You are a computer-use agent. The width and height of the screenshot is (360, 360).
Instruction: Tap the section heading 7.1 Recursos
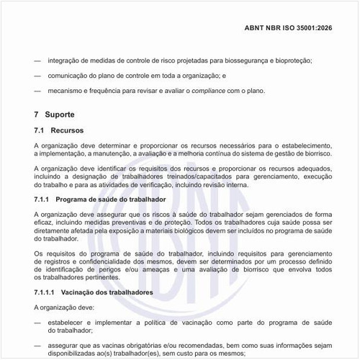59,130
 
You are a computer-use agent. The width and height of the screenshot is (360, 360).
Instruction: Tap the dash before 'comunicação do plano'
37,76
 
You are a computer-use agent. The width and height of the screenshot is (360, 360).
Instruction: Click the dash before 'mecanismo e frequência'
37,91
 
